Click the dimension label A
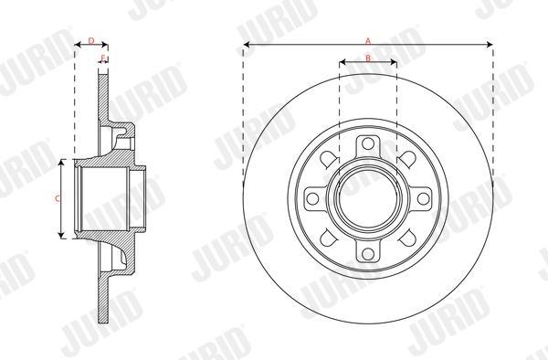368,41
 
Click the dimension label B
368,58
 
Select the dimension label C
58,198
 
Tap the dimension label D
91,41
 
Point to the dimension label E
102,58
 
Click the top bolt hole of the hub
368,143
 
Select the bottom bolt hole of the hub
368,254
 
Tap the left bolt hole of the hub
312,198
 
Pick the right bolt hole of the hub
423,198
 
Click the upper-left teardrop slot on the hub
329,159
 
